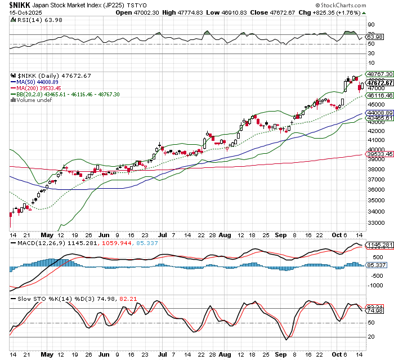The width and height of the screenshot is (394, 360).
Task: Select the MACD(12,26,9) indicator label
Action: [37, 243]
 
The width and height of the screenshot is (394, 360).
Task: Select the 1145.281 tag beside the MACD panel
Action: [377, 245]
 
